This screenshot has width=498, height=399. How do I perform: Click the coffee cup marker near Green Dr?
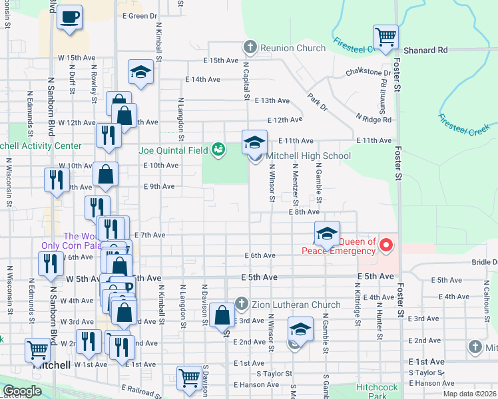pos(69,17)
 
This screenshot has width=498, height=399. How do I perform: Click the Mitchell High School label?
pos(308,156)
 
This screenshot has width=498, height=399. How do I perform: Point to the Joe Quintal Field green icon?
pos(218,150)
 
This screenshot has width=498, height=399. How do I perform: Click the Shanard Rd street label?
pos(425,50)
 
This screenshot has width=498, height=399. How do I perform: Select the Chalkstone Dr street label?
pos(368,72)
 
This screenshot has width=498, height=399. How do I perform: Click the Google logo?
pos(23,391)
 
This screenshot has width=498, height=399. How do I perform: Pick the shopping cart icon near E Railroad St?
pos(190,378)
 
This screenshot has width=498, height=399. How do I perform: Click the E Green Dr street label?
pos(140,15)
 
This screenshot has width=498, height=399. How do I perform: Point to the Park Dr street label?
pos(318,102)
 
